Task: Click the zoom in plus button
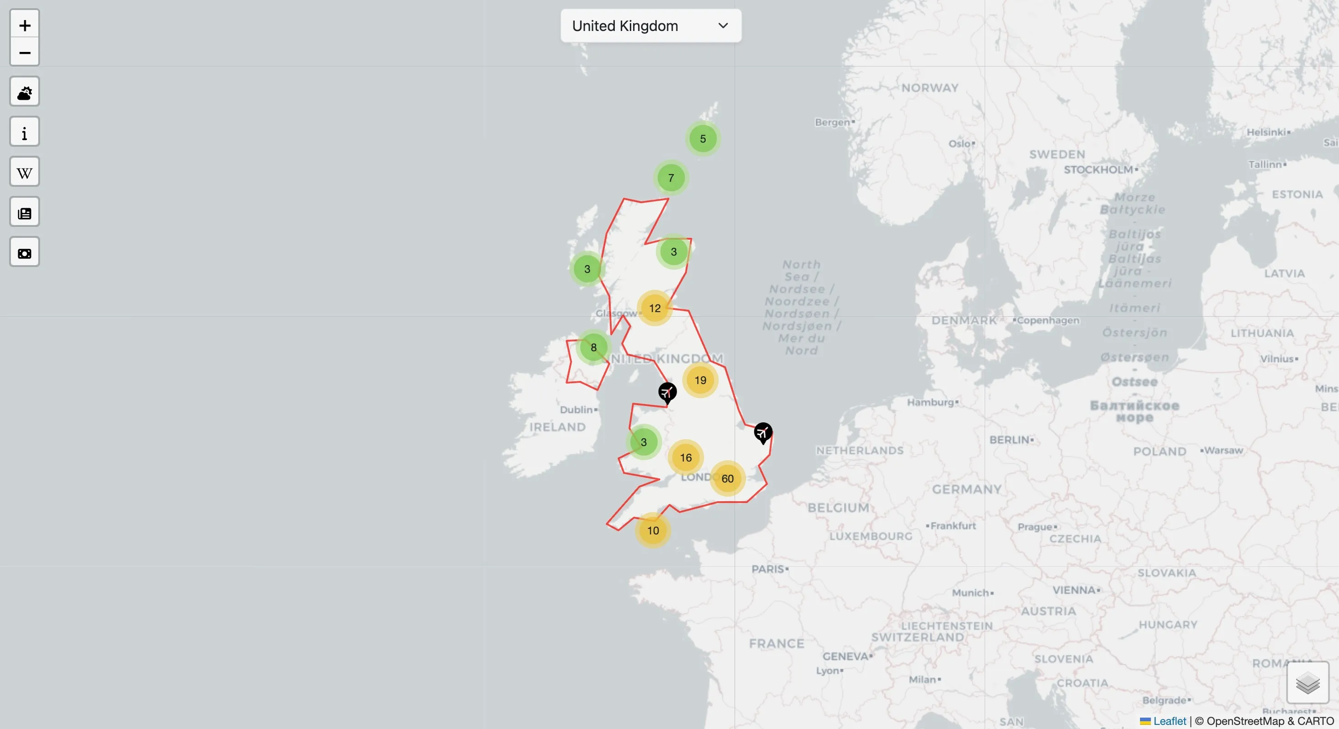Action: pyautogui.click(x=25, y=25)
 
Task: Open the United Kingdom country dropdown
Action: pyautogui.click(x=650, y=26)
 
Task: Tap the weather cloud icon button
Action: pyautogui.click(x=25, y=92)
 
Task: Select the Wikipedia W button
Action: pyautogui.click(x=25, y=172)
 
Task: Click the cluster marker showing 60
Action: pyautogui.click(x=727, y=478)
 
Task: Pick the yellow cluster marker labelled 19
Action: pyautogui.click(x=700, y=380)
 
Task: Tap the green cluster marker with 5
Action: pyautogui.click(x=703, y=139)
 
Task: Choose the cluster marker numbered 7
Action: pyautogui.click(x=671, y=178)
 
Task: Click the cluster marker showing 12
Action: pyautogui.click(x=654, y=308)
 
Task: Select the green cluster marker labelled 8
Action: pyautogui.click(x=593, y=347)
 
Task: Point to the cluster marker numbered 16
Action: pyautogui.click(x=685, y=457)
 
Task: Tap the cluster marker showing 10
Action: pyautogui.click(x=653, y=530)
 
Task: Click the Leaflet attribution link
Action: pyautogui.click(x=1169, y=721)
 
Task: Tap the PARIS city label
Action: pyautogui.click(x=768, y=569)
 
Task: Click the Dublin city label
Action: pyautogui.click(x=577, y=410)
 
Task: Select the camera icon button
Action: pyautogui.click(x=25, y=253)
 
